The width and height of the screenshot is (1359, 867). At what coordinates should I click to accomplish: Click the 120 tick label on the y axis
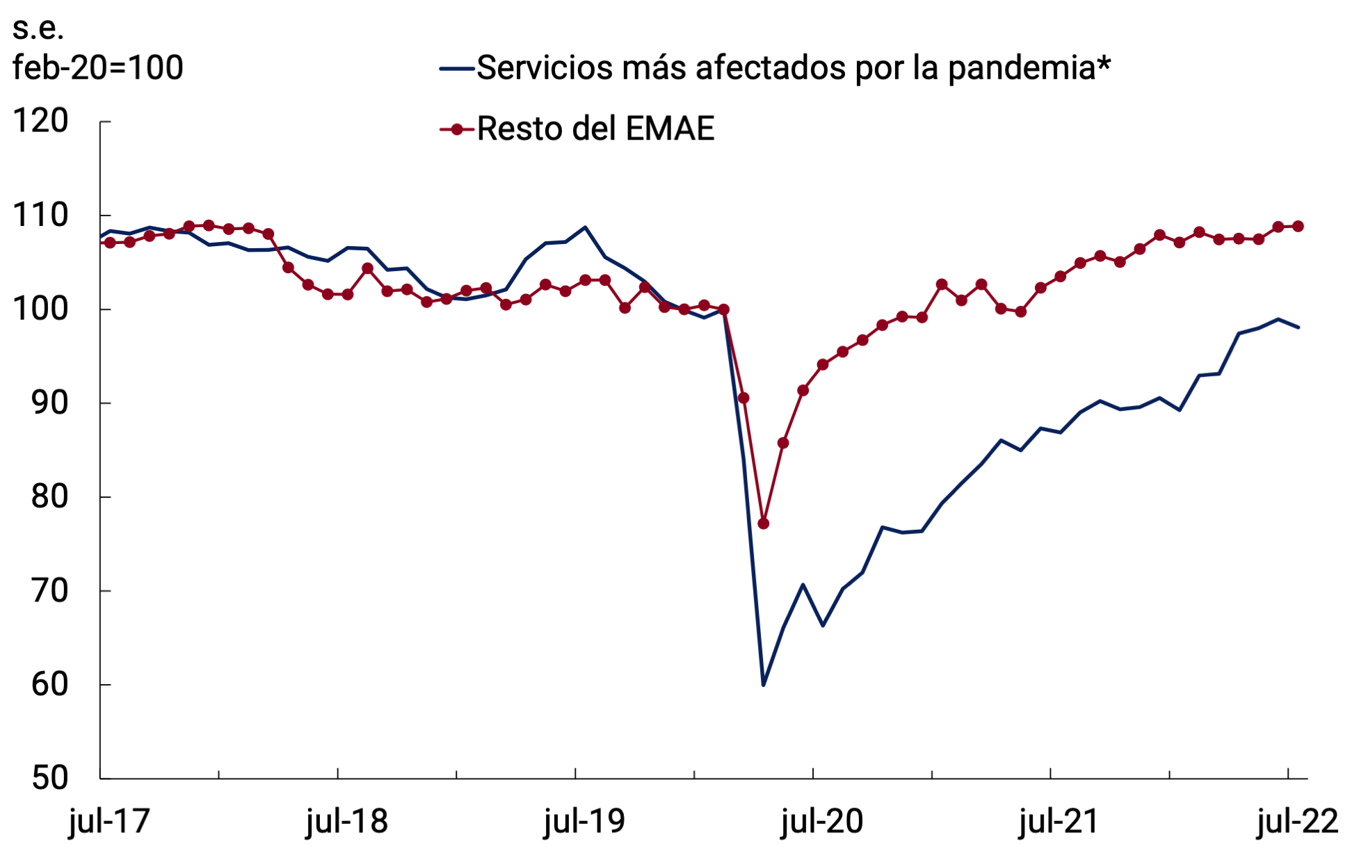(x=41, y=121)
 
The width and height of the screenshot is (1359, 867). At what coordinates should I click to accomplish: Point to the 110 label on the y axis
(x=41, y=216)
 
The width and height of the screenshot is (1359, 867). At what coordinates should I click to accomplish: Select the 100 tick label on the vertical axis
(x=41, y=309)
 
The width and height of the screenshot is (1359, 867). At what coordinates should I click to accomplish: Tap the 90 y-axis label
(x=49, y=403)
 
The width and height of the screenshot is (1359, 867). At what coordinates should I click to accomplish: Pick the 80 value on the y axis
(x=49, y=496)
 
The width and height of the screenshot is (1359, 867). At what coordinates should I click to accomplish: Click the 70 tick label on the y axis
(x=49, y=591)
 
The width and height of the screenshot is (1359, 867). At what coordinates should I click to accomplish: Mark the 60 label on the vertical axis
(x=49, y=685)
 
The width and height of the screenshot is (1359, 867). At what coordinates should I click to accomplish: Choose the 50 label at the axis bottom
(x=49, y=778)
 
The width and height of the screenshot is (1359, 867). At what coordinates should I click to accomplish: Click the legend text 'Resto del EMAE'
(x=595, y=129)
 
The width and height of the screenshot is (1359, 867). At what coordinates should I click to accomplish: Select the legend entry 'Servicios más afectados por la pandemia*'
(x=793, y=68)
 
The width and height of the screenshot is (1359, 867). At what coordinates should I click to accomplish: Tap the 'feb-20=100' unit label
(x=98, y=67)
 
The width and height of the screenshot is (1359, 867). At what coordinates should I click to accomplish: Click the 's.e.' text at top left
(x=38, y=28)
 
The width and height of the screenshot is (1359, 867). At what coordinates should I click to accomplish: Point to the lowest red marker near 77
(x=763, y=524)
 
